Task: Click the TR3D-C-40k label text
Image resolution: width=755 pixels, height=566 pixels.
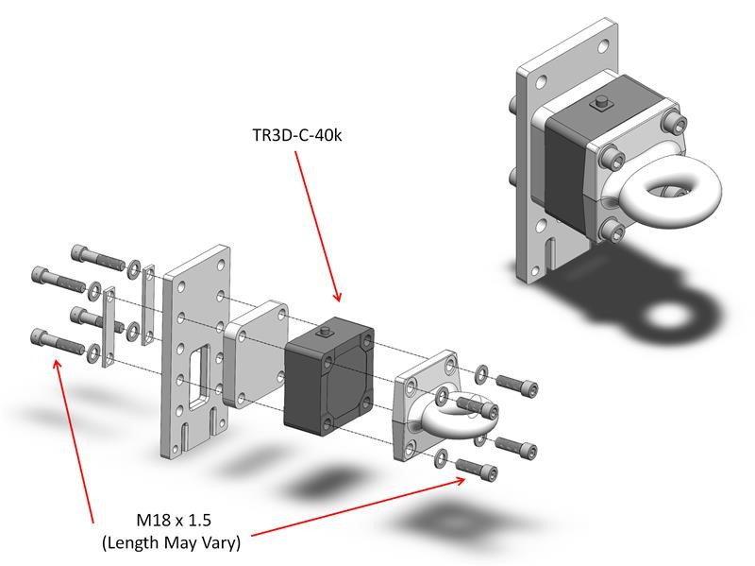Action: pos(297,135)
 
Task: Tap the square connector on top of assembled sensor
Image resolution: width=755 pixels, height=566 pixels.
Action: pos(598,105)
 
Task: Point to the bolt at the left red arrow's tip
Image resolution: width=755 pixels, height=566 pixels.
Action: pos(55,340)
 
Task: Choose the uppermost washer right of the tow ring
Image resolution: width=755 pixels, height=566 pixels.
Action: pos(482,372)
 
